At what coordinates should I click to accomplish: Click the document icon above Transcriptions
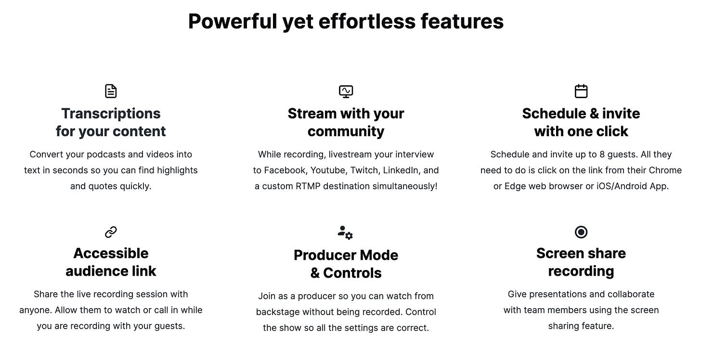pos(111,91)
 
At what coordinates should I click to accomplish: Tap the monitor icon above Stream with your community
pos(346,91)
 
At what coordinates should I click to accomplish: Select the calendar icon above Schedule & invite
pos(581,91)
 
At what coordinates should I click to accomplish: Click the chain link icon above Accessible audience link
pos(111,232)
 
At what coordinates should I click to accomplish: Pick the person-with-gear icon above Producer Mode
pos(345,232)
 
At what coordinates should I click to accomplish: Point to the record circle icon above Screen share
pos(581,232)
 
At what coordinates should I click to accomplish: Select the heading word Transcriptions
pos(111,114)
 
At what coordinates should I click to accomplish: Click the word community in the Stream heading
pos(346,131)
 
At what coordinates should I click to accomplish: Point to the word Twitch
pos(363,170)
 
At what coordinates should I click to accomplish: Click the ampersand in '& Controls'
pos(315,273)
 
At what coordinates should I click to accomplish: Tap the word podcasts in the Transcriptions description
pos(96,154)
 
